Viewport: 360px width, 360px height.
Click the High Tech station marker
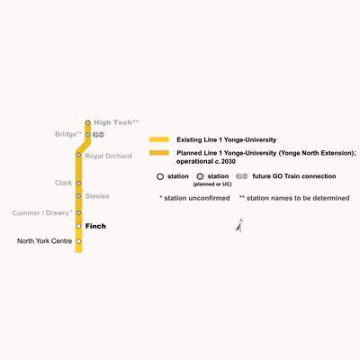click(x=87, y=122)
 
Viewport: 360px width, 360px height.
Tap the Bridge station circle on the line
click(x=88, y=134)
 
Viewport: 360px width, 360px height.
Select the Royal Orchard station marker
click(x=78, y=155)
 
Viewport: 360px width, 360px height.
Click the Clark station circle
click(x=78, y=183)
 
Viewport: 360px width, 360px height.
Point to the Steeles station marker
click(x=78, y=196)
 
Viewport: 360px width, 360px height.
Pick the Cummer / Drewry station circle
click(x=78, y=212)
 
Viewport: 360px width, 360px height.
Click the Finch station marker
click(x=78, y=226)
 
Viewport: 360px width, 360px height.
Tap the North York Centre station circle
click(x=78, y=241)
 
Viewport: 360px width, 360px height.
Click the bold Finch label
click(x=95, y=226)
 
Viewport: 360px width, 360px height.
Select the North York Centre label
click(x=44, y=241)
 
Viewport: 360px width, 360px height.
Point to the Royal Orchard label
click(x=108, y=156)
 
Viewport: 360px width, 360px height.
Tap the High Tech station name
click(x=116, y=122)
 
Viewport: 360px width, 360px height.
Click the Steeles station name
click(x=97, y=196)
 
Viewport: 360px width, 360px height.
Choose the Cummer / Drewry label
click(x=42, y=212)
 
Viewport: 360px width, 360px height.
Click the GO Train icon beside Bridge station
click(x=98, y=134)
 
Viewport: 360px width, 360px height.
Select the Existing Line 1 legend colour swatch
click(x=159, y=139)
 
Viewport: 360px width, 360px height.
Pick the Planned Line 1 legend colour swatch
click(x=159, y=153)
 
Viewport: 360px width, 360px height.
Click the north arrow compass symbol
click(x=239, y=226)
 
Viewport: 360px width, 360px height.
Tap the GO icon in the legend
click(x=242, y=176)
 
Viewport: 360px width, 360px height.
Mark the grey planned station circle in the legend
click(x=200, y=176)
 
